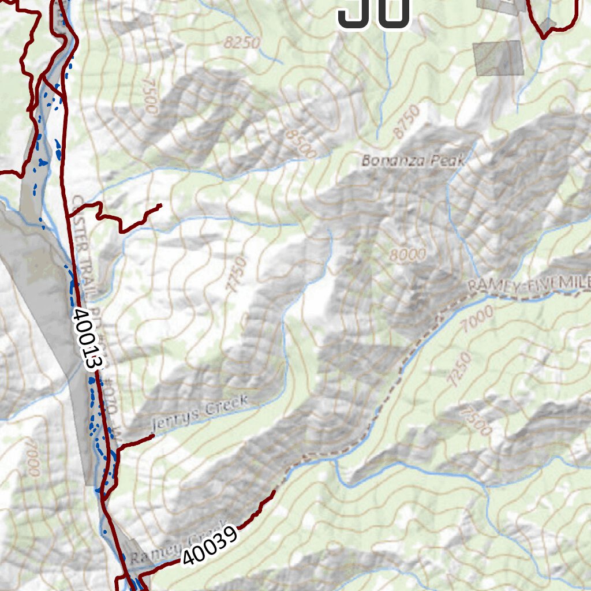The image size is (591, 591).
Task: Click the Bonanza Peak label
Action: pos(413,160)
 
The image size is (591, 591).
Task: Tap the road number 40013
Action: pos(88,339)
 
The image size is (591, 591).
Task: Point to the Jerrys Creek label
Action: pos(199,413)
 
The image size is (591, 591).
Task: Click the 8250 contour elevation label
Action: pos(243,43)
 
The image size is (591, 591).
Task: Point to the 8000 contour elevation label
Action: pos(407,254)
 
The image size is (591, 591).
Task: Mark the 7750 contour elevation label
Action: pos(237,275)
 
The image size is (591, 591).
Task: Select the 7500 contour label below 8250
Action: pos(151,96)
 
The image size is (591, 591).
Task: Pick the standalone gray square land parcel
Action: pos(498,58)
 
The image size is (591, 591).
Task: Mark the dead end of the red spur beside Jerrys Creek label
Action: pos(153,437)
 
